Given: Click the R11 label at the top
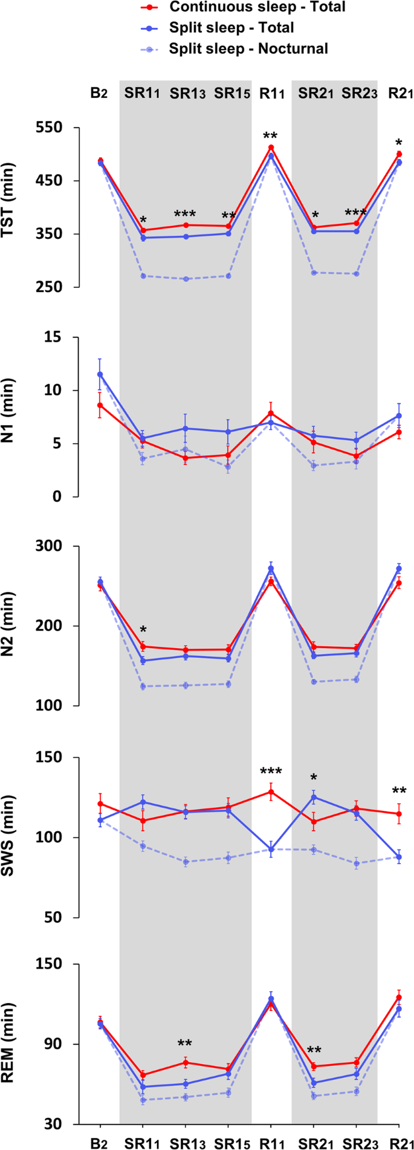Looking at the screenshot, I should pyautogui.click(x=271, y=94).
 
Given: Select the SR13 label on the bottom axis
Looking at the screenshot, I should pyautogui.click(x=187, y=1140).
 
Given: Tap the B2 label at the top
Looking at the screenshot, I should pyautogui.click(x=99, y=94).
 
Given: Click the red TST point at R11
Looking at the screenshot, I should pyautogui.click(x=271, y=148).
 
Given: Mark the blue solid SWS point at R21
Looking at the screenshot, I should pyautogui.click(x=399, y=857).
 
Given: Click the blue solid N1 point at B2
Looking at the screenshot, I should pyautogui.click(x=100, y=374).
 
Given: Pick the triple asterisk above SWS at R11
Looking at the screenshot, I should pyautogui.click(x=271, y=772).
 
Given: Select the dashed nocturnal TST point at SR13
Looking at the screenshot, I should pyautogui.click(x=186, y=279).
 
